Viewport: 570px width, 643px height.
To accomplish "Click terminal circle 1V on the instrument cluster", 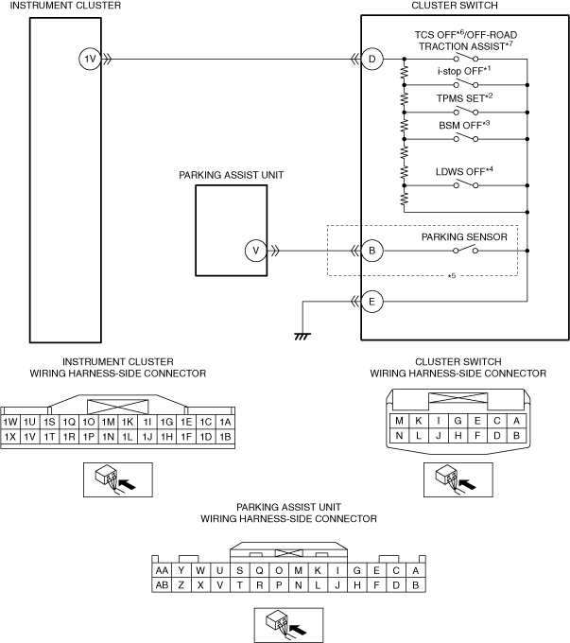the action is coord(90,59).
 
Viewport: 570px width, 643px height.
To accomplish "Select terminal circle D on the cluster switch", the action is coord(371,59).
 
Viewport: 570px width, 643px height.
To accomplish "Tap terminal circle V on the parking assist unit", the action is coord(256,251).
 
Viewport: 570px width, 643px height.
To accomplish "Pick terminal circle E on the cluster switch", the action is coord(371,302).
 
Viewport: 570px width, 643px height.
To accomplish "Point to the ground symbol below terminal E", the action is coord(302,337).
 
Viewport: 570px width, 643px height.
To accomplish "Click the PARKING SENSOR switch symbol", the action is coord(465,250).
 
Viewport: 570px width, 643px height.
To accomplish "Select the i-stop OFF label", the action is coord(464,71).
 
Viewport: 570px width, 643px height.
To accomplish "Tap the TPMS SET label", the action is coord(465,98).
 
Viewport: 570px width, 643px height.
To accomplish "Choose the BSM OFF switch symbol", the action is coord(465,138).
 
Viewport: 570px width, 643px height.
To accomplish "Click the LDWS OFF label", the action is coord(464,171).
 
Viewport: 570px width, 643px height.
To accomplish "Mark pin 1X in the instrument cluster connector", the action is coord(10,437).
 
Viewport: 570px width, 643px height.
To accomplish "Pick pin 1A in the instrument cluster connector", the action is coord(225,422).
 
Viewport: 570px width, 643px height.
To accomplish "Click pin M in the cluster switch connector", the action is coord(399,421).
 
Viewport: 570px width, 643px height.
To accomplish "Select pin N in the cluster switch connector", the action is coord(399,436).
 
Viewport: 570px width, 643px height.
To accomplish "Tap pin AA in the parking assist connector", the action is coord(162,570).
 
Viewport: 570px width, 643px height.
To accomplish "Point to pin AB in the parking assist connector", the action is coord(162,585).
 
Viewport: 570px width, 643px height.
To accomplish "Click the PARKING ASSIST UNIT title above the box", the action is coord(232,175).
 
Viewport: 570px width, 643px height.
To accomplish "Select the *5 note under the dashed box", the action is coord(452,276).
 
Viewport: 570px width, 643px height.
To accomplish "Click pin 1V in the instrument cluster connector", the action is coord(29,437).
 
